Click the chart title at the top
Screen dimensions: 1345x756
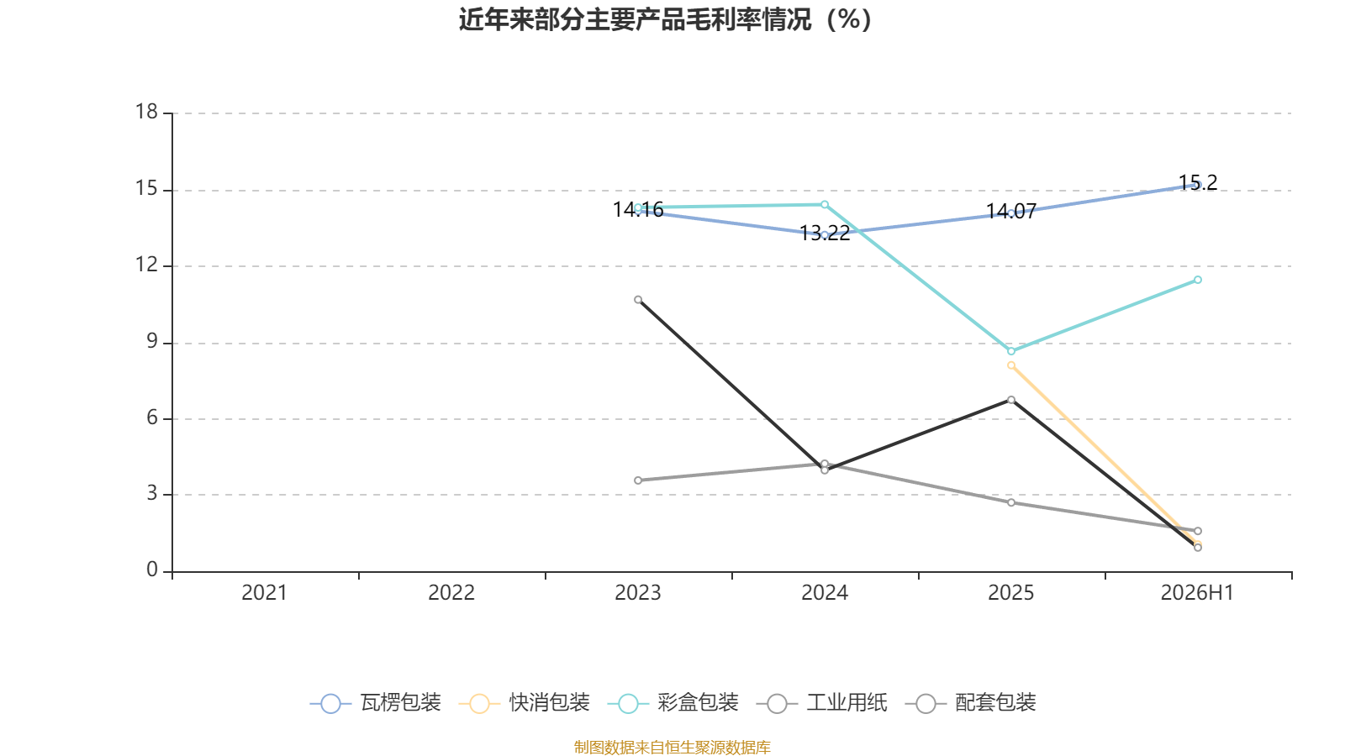665,20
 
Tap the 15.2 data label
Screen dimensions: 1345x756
1198,182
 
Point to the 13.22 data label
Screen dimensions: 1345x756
825,234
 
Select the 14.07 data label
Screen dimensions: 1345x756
1011,211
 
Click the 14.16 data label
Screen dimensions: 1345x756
638,209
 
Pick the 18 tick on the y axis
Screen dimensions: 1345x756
146,112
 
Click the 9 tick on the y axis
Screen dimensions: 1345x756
152,341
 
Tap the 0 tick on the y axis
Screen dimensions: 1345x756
152,570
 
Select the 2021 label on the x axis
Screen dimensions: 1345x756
264,593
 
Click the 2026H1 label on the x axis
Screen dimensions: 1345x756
1197,593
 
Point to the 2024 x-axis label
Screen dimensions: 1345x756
825,593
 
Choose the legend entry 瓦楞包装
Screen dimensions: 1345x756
376,702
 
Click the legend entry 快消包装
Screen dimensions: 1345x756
525,702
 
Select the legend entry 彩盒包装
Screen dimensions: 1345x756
673,702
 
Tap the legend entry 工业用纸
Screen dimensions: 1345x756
822,702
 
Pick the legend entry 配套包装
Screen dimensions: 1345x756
971,702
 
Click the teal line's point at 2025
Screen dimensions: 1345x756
1011,351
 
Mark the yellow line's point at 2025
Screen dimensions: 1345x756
1011,365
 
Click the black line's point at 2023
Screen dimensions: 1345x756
638,299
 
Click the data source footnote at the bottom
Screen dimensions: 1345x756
672,747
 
